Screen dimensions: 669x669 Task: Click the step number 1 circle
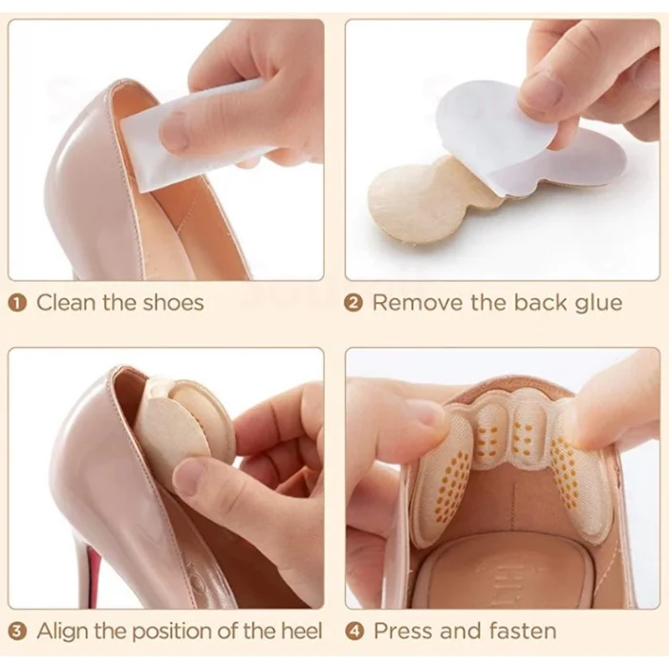[17, 303]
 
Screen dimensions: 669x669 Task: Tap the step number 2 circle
[354, 303]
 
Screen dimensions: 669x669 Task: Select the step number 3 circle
[17, 632]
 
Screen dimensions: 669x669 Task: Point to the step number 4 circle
[354, 632]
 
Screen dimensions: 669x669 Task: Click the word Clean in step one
[66, 303]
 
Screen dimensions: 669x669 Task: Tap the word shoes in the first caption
[173, 303]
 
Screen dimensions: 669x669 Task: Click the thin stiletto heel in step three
[90, 568]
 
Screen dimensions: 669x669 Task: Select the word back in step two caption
[539, 303]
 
